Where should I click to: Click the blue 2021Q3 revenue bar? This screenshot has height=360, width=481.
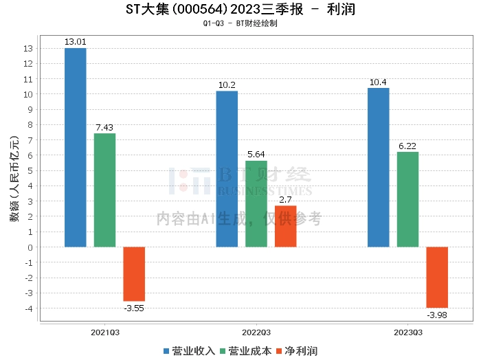[76, 147]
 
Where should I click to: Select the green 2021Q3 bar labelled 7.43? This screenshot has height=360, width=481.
[104, 190]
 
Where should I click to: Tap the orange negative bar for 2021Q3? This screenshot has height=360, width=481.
[134, 273]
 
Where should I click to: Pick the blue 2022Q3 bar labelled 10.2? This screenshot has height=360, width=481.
[227, 168]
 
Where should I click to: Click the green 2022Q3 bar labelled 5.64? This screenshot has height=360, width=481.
[256, 203]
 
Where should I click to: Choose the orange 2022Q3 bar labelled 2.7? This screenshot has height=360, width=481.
[286, 226]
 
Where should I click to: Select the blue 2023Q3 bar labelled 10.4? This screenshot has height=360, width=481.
[378, 167]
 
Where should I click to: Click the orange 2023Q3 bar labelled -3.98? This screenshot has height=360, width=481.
[437, 277]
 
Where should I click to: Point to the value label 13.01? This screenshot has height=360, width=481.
[76, 42]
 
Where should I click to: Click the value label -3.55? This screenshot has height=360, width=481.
[134, 308]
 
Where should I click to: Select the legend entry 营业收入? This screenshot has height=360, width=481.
[189, 350]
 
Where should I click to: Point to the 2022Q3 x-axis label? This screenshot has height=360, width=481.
[256, 332]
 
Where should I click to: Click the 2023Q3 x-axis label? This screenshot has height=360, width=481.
[407, 332]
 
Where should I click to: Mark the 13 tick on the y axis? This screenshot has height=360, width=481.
[29, 49]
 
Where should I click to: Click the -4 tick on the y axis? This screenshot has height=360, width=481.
[29, 308]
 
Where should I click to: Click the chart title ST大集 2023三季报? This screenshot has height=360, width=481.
[240, 10]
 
